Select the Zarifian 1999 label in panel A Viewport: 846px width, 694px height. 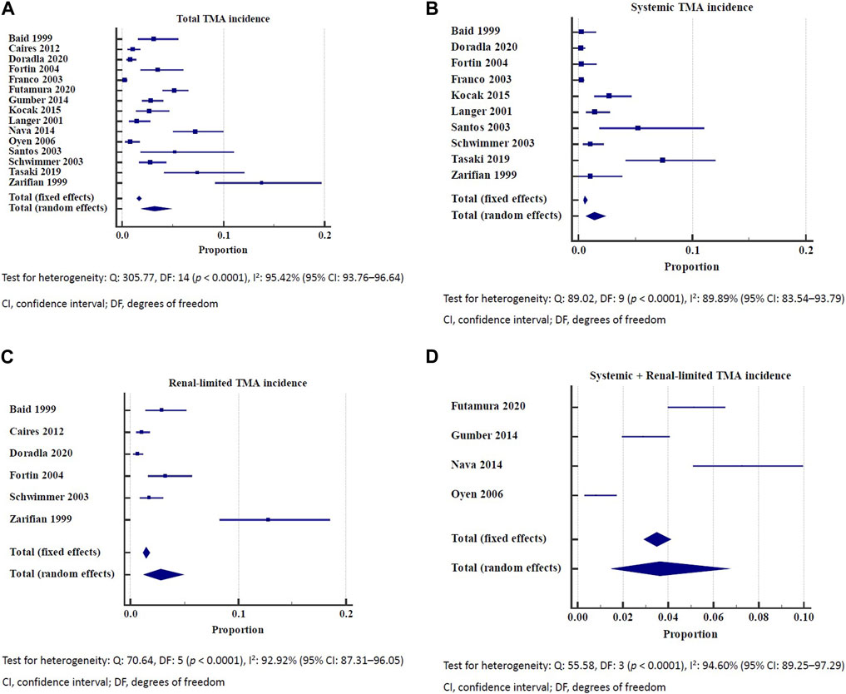33,181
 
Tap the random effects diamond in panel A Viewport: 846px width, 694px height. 156,208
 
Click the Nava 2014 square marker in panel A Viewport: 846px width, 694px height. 195,131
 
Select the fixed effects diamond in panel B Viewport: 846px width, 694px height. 586,200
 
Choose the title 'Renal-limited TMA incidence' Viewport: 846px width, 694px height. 237,383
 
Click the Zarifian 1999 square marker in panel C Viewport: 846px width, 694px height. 268,519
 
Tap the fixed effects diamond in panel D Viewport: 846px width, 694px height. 657,539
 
